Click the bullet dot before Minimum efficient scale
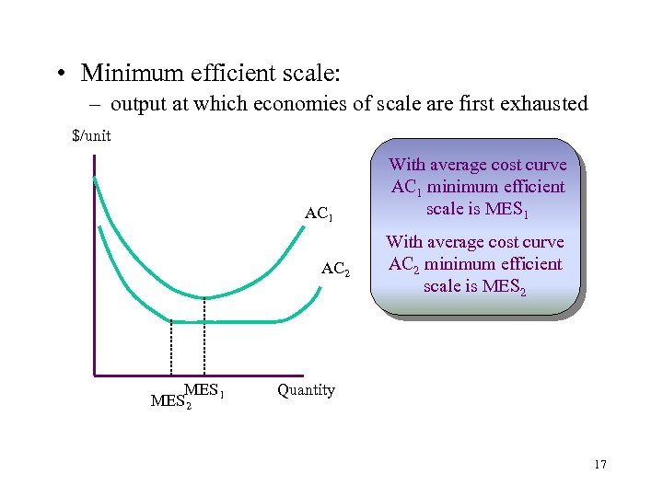pyautogui.click(x=61, y=73)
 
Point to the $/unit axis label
pyautogui.click(x=91, y=136)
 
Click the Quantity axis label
pyautogui.click(x=306, y=390)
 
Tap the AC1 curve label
pyautogui.click(x=319, y=215)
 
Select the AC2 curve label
pyautogui.click(x=335, y=271)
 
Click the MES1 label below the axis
pyautogui.click(x=204, y=390)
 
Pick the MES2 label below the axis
pyautogui.click(x=171, y=402)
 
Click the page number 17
pyautogui.click(x=600, y=464)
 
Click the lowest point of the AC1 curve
pyautogui.click(x=204, y=297)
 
